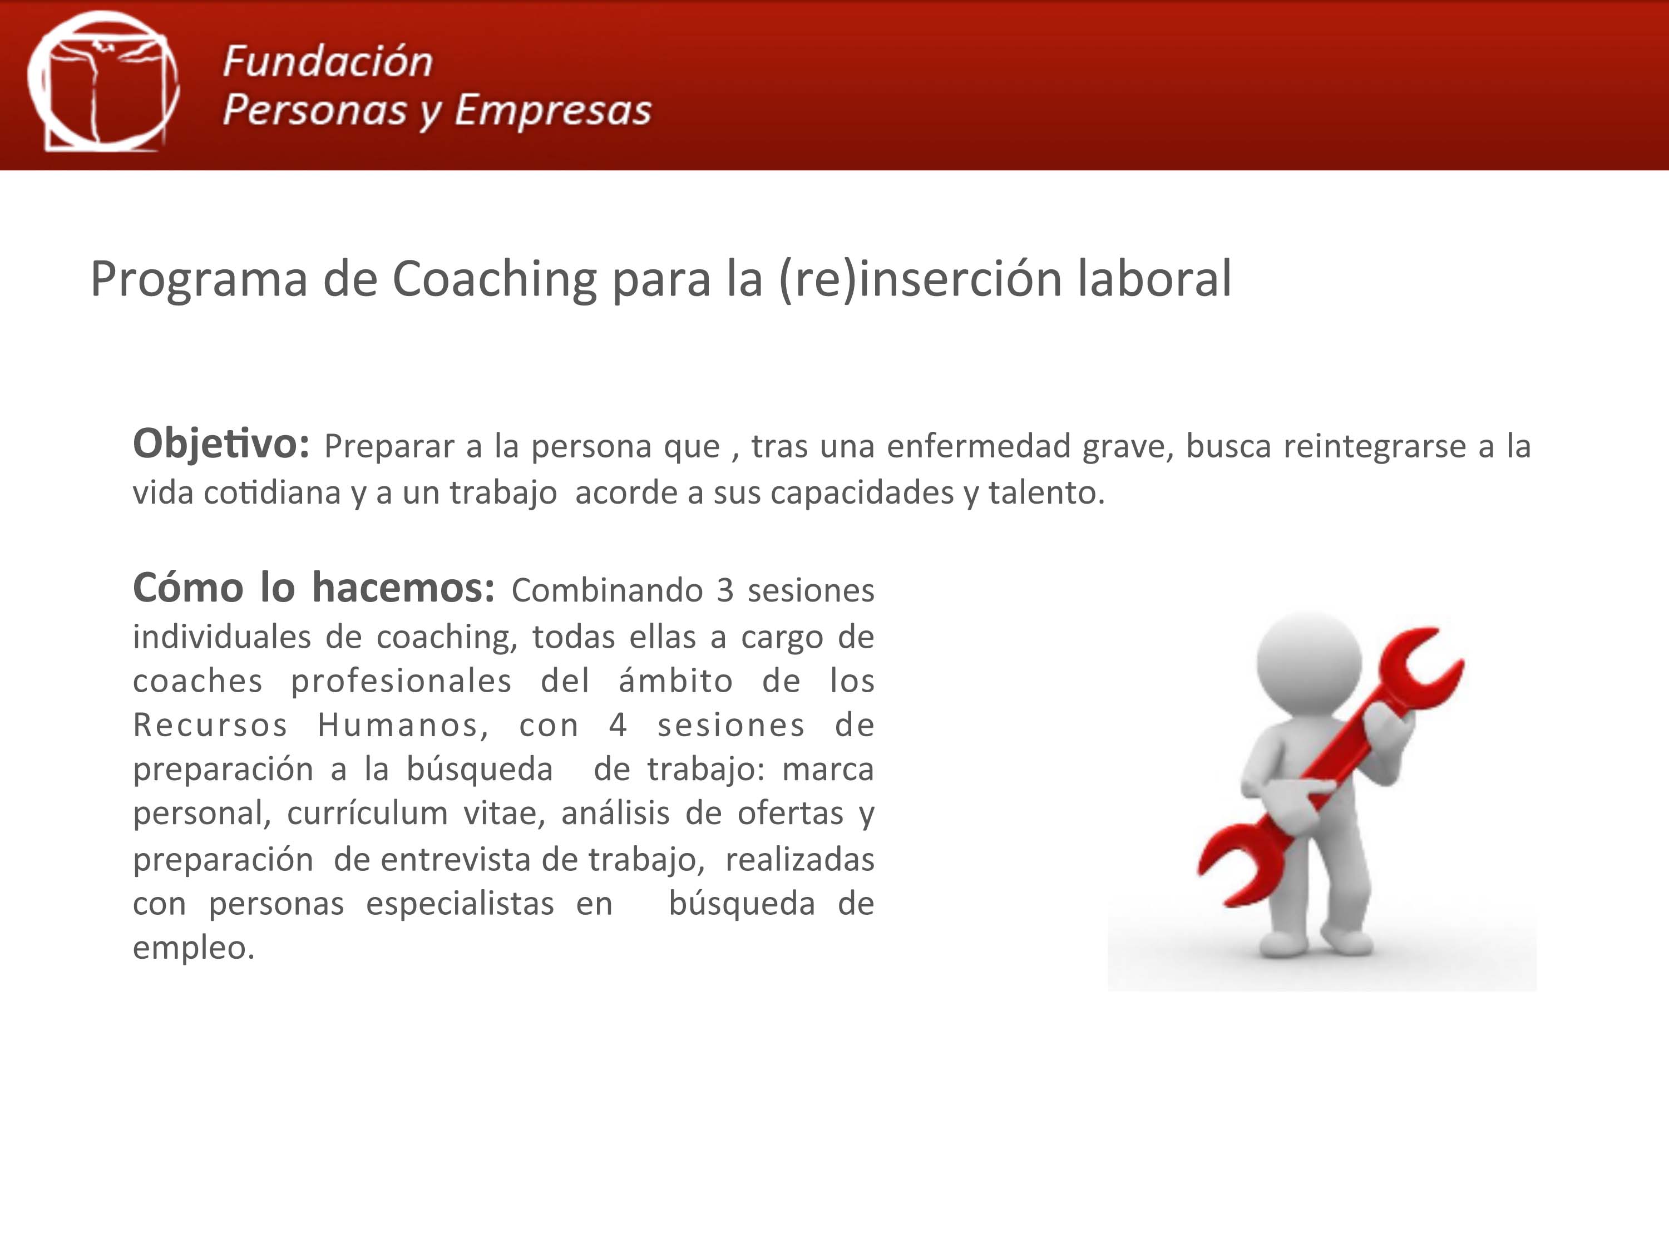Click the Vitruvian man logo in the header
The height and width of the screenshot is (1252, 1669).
(103, 81)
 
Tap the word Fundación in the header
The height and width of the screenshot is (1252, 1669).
(328, 62)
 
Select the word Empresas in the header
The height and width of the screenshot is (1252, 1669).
(552, 110)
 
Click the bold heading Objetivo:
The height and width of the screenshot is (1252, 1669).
(221, 443)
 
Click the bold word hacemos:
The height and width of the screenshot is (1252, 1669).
(403, 588)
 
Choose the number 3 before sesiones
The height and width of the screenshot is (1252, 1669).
(724, 591)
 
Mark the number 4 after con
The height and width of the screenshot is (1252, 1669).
(618, 725)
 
